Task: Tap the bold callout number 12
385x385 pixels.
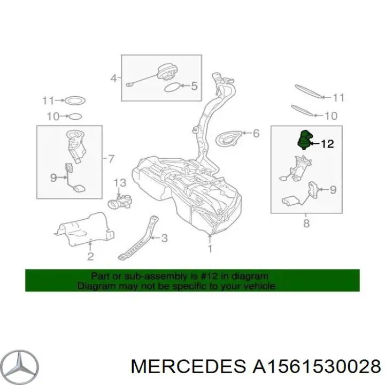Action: (x=327, y=143)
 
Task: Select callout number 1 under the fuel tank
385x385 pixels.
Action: (x=210, y=249)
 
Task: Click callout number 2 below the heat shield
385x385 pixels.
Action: (x=90, y=257)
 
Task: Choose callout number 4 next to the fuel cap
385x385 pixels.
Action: (x=113, y=79)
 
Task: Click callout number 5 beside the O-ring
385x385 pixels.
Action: (x=194, y=86)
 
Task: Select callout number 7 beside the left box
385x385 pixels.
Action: (x=111, y=159)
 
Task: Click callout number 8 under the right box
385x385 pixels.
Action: (x=306, y=224)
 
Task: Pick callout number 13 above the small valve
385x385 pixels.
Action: (x=120, y=183)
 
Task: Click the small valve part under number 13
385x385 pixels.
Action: (x=121, y=203)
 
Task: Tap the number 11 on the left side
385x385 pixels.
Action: (x=49, y=101)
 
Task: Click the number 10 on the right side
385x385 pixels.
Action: (x=331, y=115)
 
